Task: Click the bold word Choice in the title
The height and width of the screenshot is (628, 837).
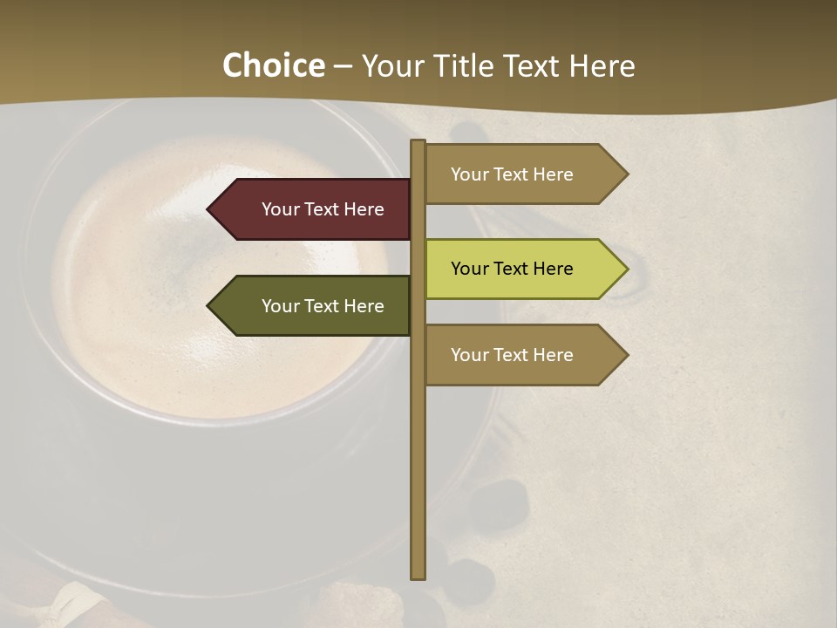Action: pyautogui.click(x=273, y=65)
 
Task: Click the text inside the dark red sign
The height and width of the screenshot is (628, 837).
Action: pyautogui.click(x=323, y=209)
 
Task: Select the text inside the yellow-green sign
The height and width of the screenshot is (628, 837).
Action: pyautogui.click(x=512, y=269)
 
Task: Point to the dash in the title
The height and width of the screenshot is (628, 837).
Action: pyautogui.click(x=343, y=67)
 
